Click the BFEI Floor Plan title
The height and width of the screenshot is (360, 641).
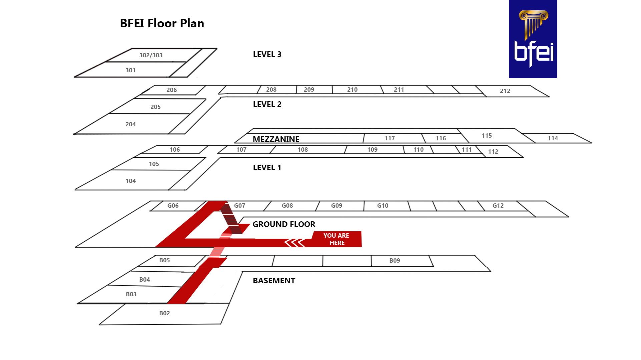pos(162,23)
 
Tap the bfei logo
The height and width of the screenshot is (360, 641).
pos(533,39)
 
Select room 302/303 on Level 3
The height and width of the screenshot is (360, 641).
pos(151,55)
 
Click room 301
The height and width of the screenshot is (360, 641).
pos(130,70)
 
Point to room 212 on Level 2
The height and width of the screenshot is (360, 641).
pos(505,91)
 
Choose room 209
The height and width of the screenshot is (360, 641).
pos(309,90)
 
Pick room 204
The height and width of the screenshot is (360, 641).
pos(130,124)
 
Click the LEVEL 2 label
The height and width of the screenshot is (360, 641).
pos(267,104)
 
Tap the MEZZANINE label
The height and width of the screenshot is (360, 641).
pos(276,139)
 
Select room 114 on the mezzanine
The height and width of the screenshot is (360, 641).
pos(553,138)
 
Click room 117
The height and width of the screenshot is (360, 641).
pos(390,138)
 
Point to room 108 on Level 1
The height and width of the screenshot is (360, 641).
pos(302,150)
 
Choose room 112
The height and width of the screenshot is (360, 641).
pos(493,152)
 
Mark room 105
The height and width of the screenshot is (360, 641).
pos(154,164)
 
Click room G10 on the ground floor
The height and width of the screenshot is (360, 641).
pos(383,206)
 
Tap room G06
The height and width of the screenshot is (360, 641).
pos(173,206)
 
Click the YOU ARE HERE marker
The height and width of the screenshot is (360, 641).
pos(336,239)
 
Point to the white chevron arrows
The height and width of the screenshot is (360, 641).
pos(295,242)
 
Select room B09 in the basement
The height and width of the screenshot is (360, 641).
pos(395,261)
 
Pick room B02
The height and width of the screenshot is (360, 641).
pos(164,313)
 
